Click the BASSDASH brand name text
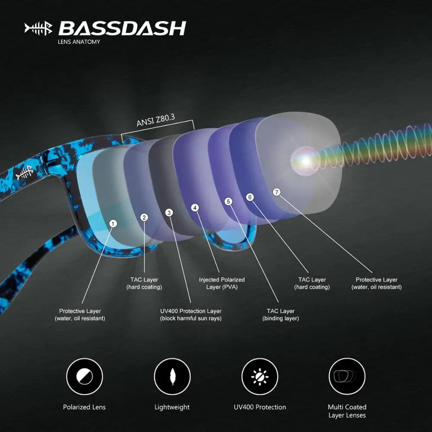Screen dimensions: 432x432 (x=122, y=29)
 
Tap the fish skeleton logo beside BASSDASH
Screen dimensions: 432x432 (x=38, y=29)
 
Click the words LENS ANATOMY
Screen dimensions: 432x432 (x=79, y=42)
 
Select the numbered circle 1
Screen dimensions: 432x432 (x=113, y=223)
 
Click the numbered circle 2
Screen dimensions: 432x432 (x=144, y=217)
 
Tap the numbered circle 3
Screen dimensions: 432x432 (x=169, y=213)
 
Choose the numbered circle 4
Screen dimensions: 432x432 (x=195, y=208)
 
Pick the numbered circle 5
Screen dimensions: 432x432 (x=229, y=201)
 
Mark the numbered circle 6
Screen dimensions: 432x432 (x=250, y=197)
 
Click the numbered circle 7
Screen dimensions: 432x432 (x=277, y=191)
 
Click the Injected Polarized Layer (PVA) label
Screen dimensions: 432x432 (x=222, y=283)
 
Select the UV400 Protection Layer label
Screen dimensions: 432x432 (x=191, y=314)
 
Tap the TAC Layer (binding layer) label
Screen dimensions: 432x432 (x=281, y=314)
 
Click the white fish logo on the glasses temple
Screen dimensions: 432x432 (x=25, y=174)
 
